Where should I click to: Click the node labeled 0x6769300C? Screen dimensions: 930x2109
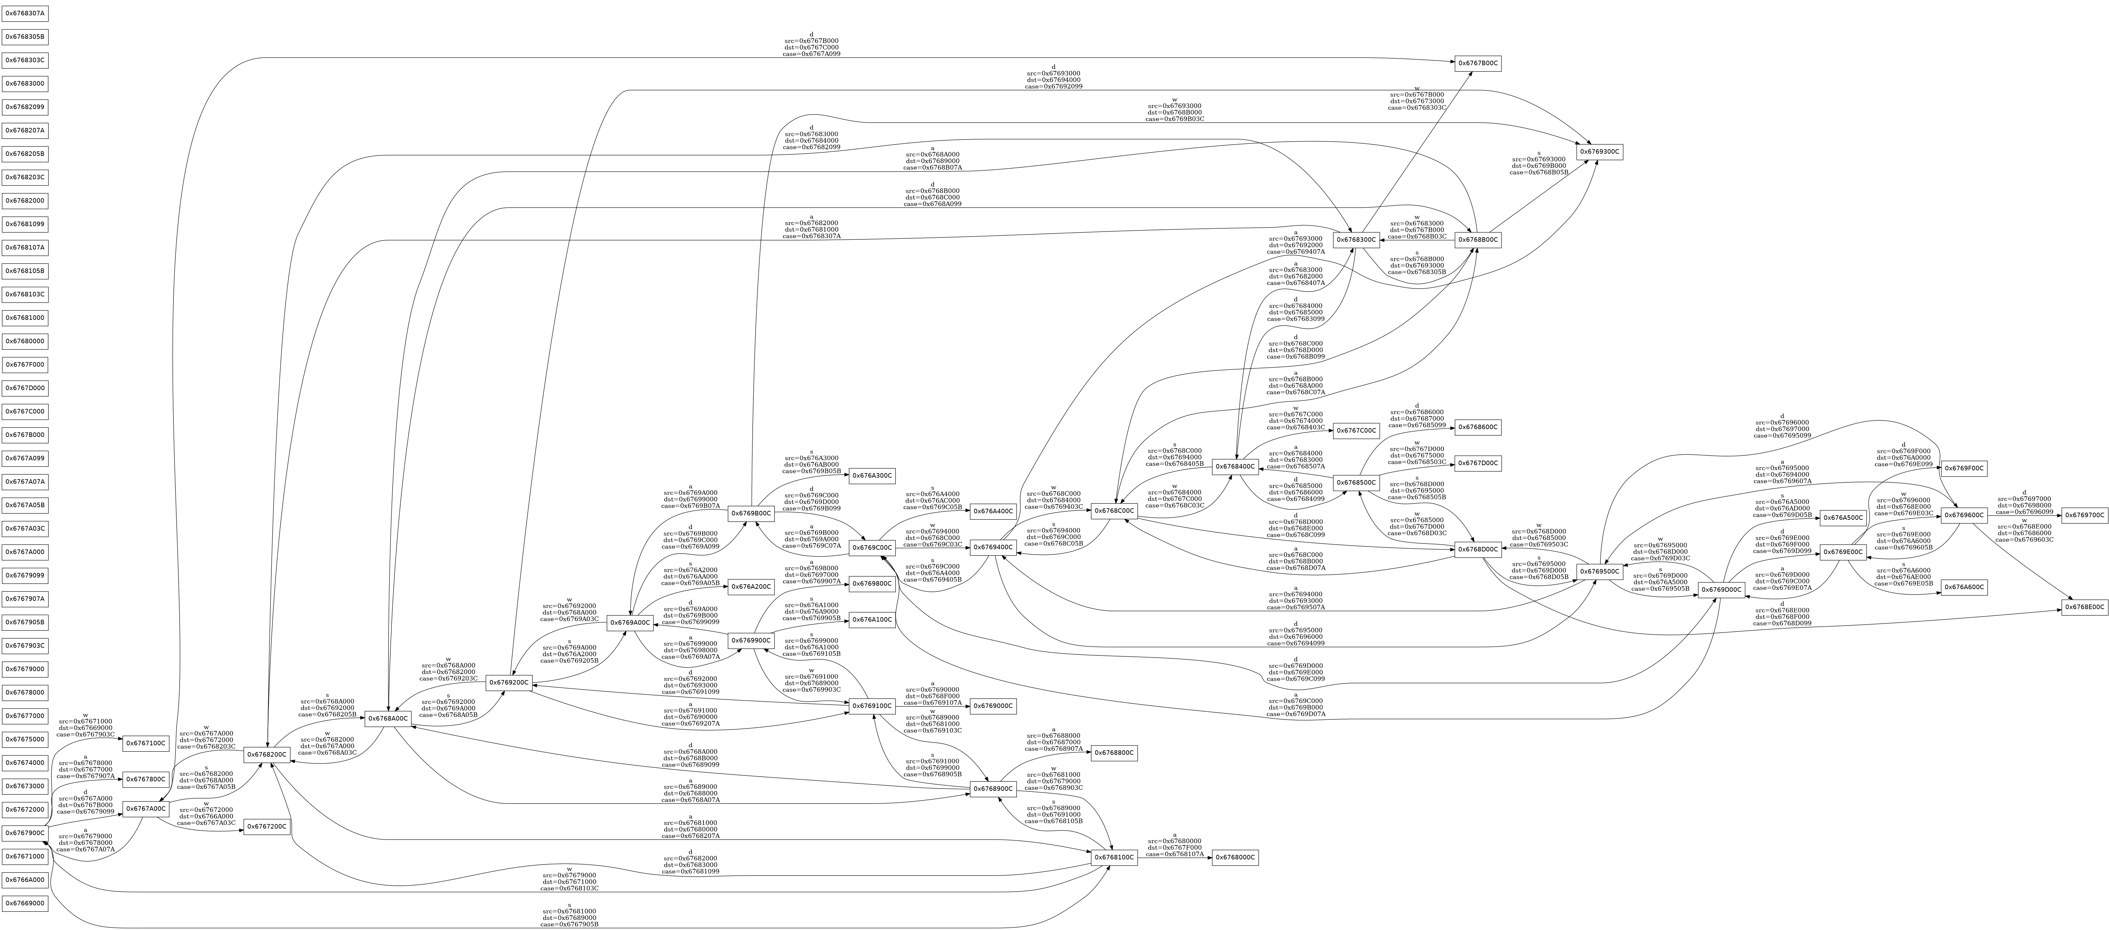click(x=1600, y=152)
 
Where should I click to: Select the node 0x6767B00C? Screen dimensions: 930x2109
click(x=1478, y=63)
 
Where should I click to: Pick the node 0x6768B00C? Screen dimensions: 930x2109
click(x=1478, y=240)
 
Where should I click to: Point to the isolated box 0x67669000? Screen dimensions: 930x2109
click(x=25, y=904)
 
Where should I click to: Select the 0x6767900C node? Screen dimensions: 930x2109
click(x=25, y=833)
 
